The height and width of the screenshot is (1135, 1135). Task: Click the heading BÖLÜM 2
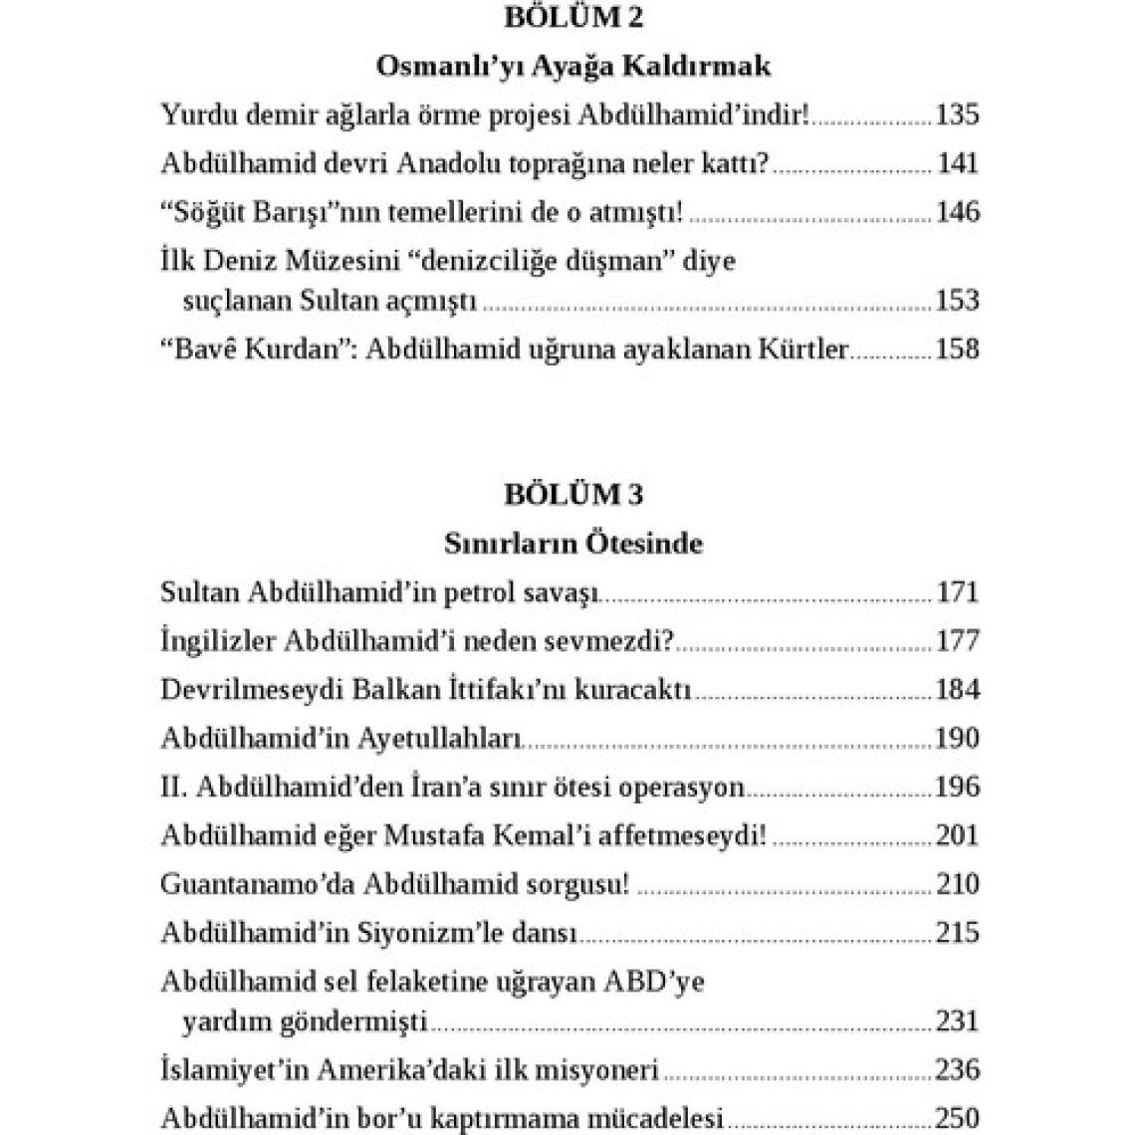tap(573, 18)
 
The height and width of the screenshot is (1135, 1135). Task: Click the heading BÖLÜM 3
tap(573, 495)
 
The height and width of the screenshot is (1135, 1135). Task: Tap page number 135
tap(957, 114)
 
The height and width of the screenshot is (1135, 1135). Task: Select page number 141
tap(958, 163)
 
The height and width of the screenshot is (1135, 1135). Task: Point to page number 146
tap(957, 212)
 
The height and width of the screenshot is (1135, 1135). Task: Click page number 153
tap(957, 301)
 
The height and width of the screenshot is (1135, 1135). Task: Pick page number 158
tap(957, 349)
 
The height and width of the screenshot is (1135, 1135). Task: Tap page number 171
tap(958, 593)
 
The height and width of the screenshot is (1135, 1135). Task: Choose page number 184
tap(957, 690)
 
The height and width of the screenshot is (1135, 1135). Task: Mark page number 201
tap(957, 836)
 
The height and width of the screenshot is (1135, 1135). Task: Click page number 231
tap(958, 1021)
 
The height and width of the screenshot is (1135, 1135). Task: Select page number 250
tap(957, 1118)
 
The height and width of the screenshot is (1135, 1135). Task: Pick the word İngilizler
tap(218, 641)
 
